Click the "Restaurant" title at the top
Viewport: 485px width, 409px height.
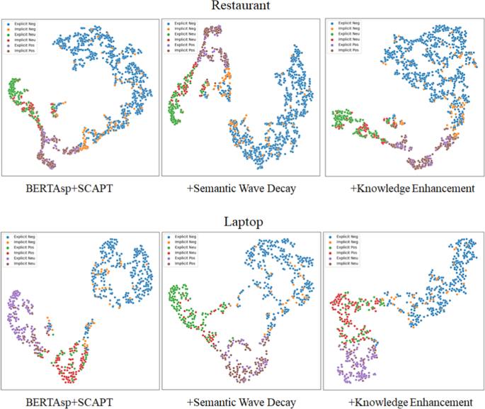(242, 7)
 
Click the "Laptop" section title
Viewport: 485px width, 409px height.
(242, 222)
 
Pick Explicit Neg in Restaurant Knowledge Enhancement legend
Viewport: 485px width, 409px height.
(349, 23)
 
